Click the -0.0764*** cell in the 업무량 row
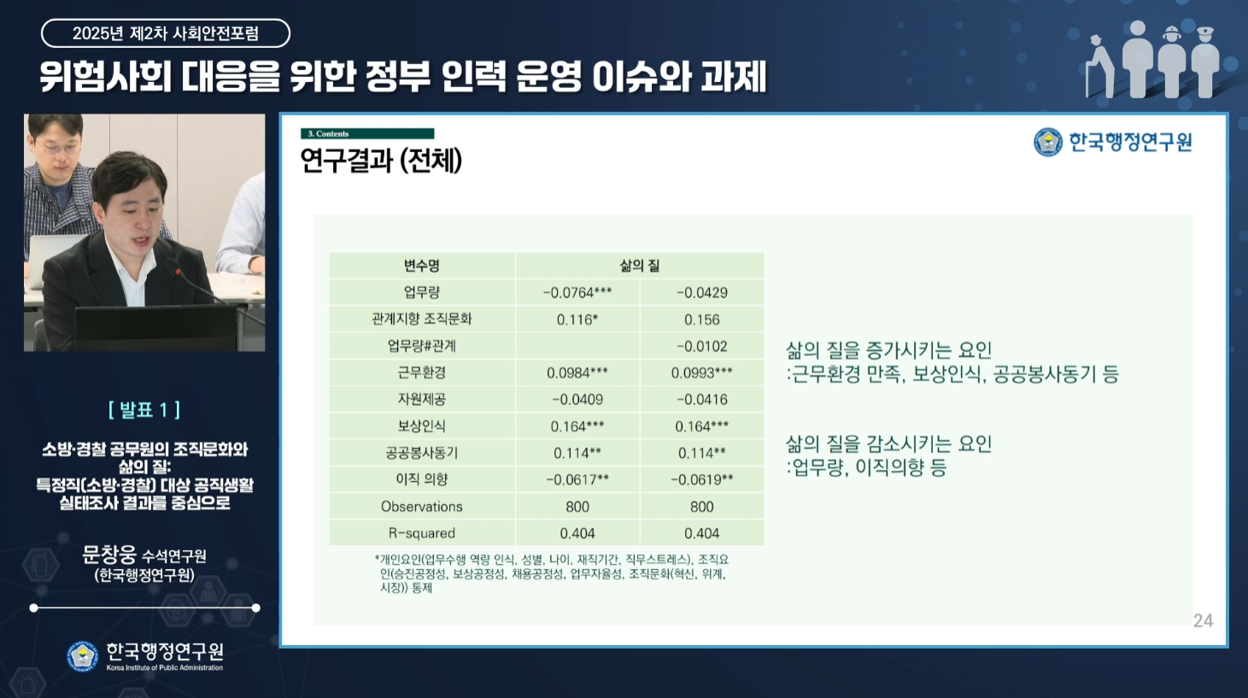point(577,292)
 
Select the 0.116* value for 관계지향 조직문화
point(577,320)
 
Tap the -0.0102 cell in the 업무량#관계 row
point(702,346)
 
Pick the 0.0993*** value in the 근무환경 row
point(701,372)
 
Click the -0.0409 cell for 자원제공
point(577,400)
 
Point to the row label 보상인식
point(422,426)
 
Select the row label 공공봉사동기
point(422,453)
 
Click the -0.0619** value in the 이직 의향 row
point(701,479)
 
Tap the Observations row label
point(422,507)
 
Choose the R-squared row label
point(422,533)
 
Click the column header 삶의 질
point(640,266)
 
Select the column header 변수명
point(422,266)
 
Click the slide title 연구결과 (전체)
point(381,161)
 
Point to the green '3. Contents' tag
point(367,133)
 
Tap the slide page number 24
point(1203,620)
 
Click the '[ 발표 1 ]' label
point(144,410)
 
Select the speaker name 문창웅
point(109,554)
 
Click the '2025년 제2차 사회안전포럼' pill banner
point(166,33)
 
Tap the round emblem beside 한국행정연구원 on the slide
point(1048,142)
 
